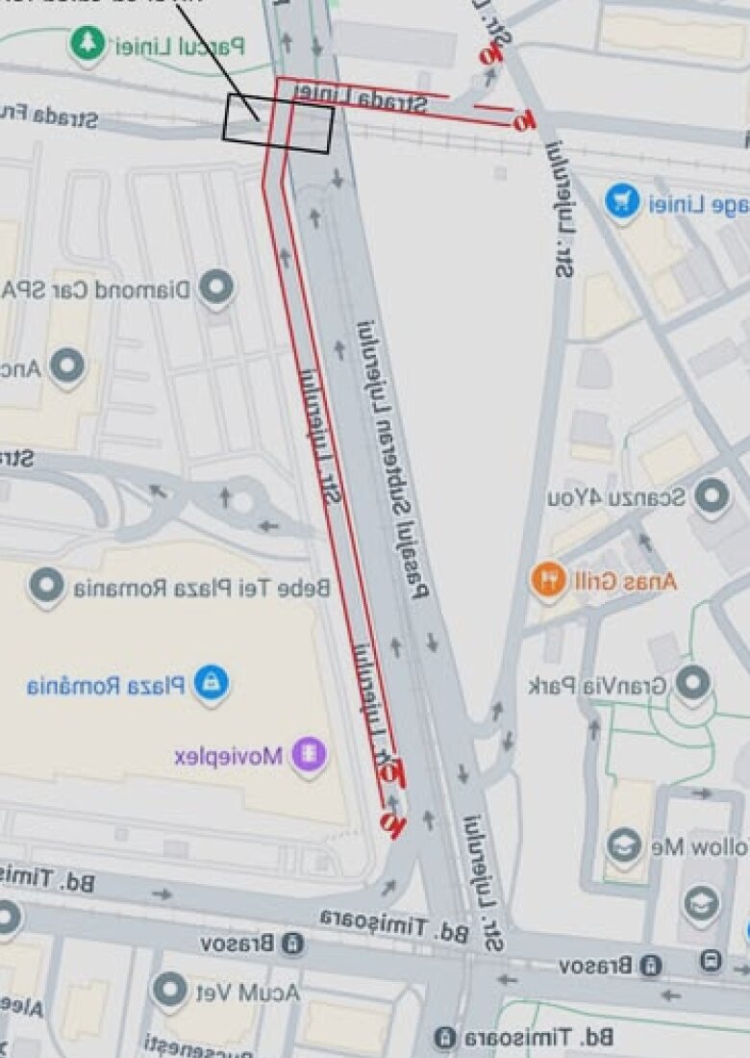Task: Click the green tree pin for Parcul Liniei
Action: [87, 43]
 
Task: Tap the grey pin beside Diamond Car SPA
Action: [215, 288]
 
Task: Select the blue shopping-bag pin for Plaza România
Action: [212, 684]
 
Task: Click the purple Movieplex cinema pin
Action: [309, 754]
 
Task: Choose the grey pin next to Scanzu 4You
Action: [712, 497]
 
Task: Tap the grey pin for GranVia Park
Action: [692, 684]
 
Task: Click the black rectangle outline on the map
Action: [278, 123]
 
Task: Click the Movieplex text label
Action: [229, 755]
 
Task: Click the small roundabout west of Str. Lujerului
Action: [241, 498]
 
